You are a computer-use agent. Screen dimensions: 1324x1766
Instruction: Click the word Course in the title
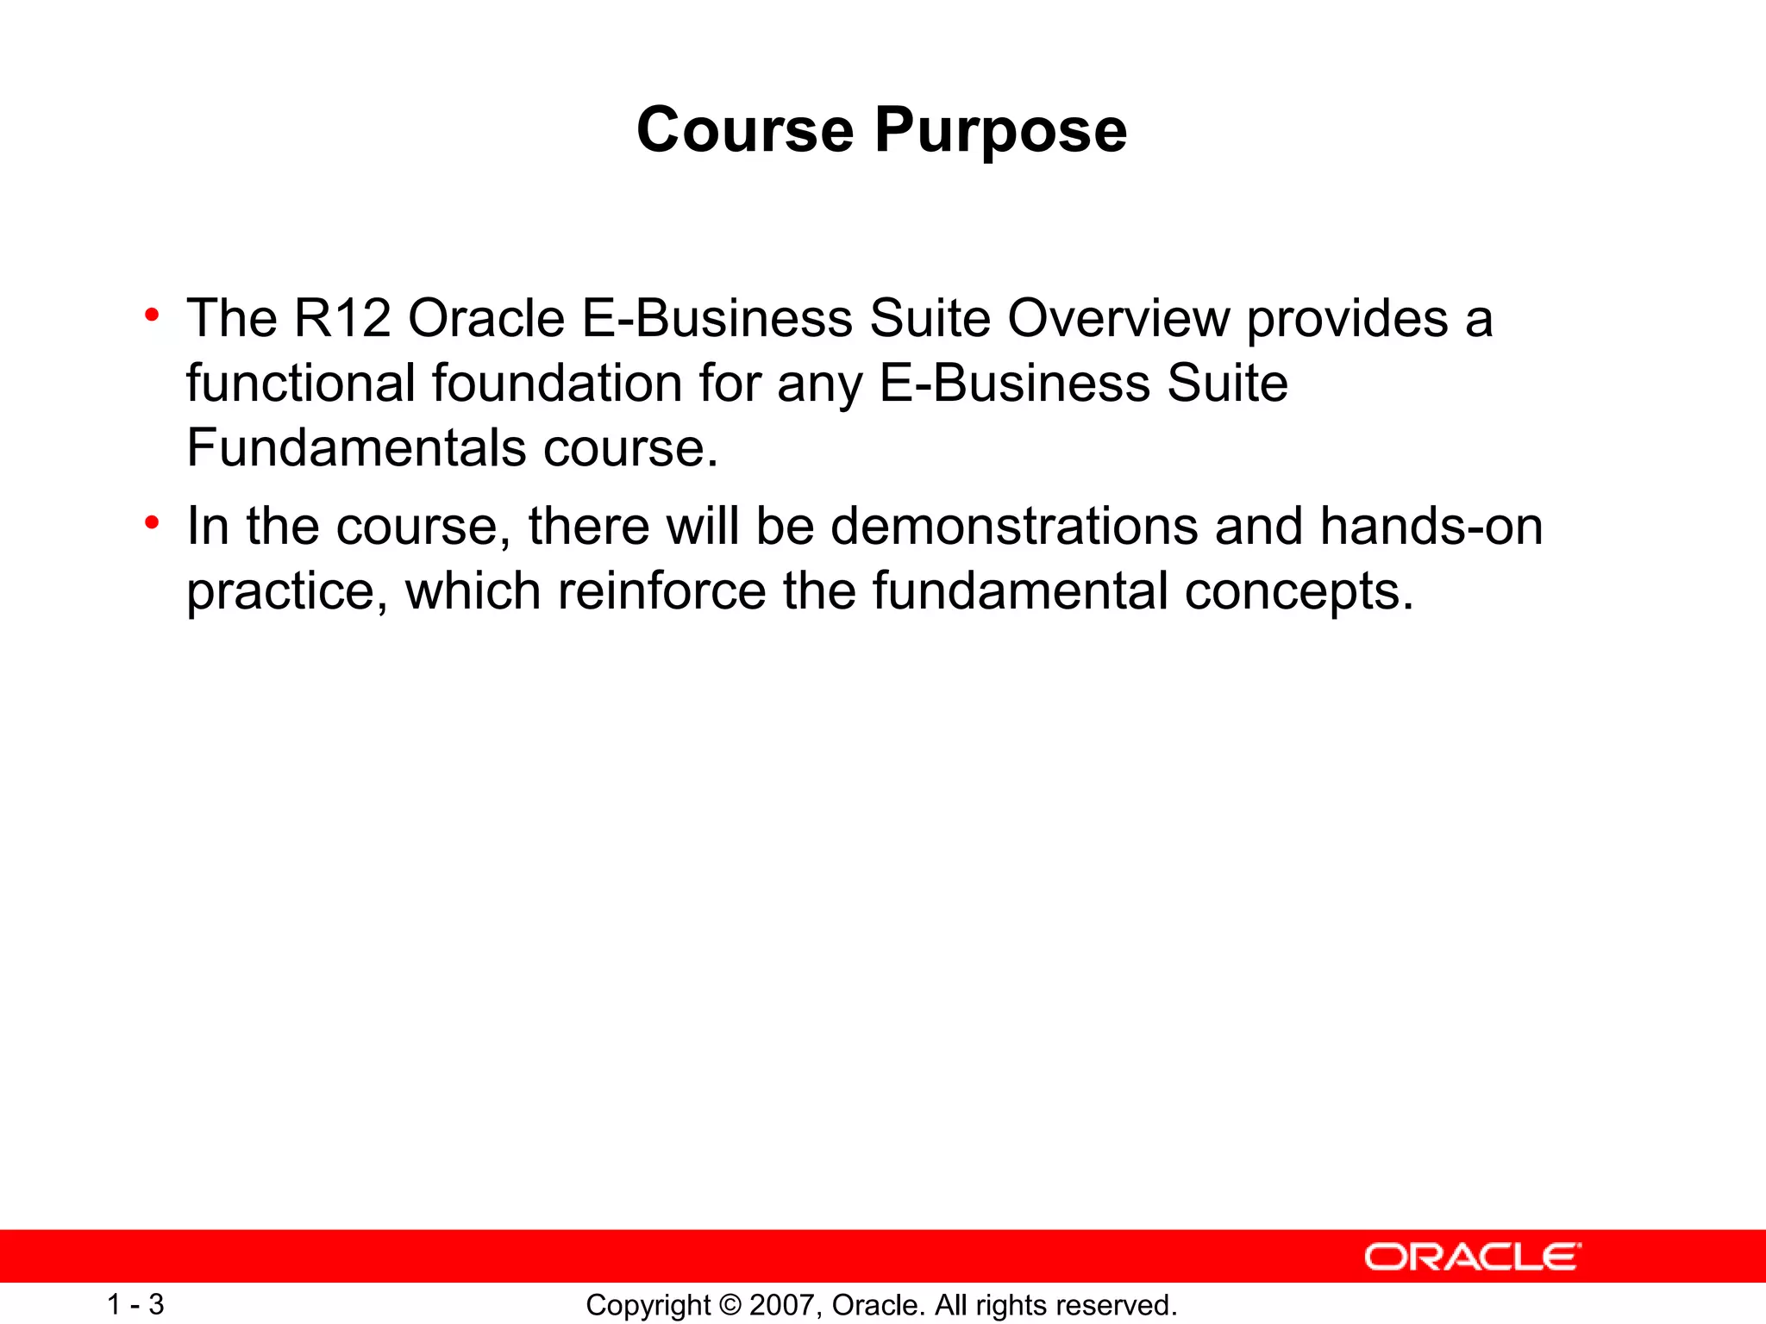click(745, 130)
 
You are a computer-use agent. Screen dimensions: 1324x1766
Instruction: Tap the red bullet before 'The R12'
click(153, 315)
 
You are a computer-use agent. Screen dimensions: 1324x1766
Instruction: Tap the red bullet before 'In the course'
click(153, 522)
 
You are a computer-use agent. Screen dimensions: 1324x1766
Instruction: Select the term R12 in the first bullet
click(342, 318)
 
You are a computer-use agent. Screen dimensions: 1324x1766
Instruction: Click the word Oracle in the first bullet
click(485, 318)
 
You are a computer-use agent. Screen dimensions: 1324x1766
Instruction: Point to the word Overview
click(1118, 318)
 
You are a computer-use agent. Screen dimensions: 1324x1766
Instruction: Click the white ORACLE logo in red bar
click(1472, 1257)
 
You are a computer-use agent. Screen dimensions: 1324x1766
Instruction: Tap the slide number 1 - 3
click(135, 1304)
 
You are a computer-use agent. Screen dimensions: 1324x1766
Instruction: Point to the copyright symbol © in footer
click(730, 1305)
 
